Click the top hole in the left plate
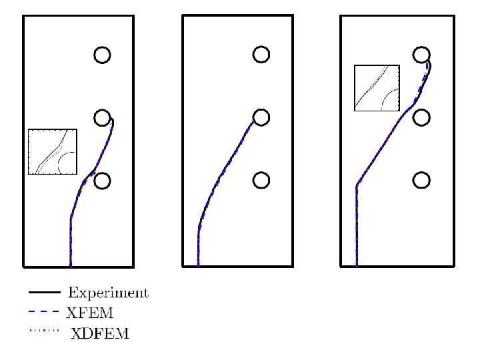(x=101, y=55)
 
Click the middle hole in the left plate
(x=101, y=118)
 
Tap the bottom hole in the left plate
(x=101, y=181)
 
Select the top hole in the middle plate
(x=261, y=55)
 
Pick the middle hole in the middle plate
(x=261, y=118)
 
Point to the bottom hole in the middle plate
(x=261, y=181)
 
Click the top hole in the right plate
(x=420, y=55)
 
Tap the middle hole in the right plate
(x=420, y=118)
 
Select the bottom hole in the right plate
(x=420, y=181)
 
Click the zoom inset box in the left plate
(x=53, y=152)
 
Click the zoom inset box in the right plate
(x=377, y=87)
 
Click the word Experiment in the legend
(x=108, y=293)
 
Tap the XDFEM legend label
(x=100, y=333)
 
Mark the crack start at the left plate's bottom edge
(x=70, y=265)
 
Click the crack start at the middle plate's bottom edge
(x=198, y=265)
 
